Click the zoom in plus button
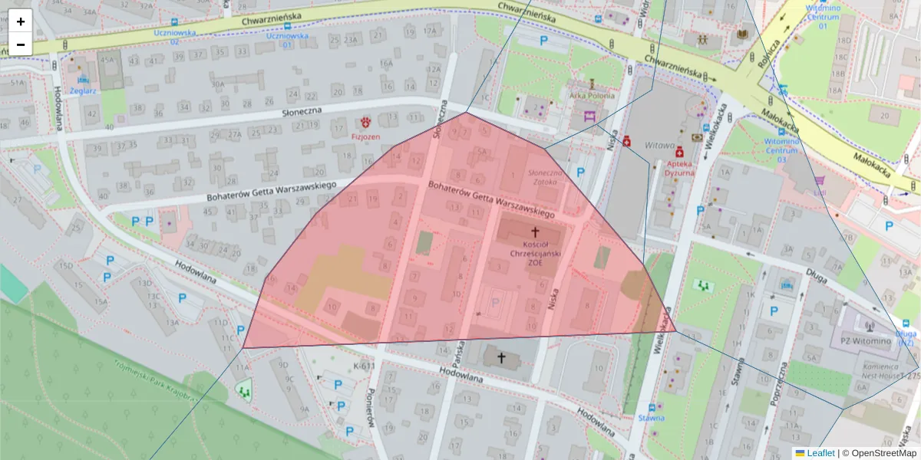[x=21, y=21]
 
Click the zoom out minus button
[x=21, y=44]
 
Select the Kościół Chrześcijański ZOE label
[x=534, y=252]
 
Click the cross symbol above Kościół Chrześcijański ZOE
[x=535, y=231]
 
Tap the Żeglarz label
[x=83, y=90]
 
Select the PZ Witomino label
[x=864, y=340]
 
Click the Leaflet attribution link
[x=820, y=453]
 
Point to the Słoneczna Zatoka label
[x=544, y=178]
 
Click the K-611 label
[x=364, y=366]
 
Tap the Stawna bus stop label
[x=651, y=418]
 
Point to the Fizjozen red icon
[x=366, y=121]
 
